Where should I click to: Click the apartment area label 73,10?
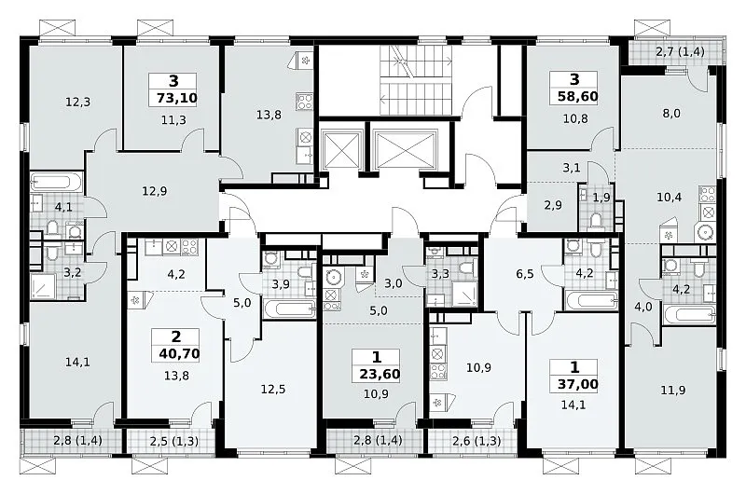pyautogui.click(x=176, y=99)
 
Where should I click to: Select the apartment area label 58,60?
pyautogui.click(x=577, y=97)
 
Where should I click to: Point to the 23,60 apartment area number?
pyautogui.click(x=380, y=374)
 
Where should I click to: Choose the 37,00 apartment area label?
pyautogui.click(x=577, y=384)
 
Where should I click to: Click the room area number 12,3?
pyautogui.click(x=78, y=102)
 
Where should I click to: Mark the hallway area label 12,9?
pyautogui.click(x=155, y=192)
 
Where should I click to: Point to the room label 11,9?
pyautogui.click(x=673, y=391)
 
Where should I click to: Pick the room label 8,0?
pyautogui.click(x=670, y=113)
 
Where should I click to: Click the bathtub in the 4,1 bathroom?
pyautogui.click(x=57, y=182)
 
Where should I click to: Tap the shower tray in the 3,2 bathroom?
pyautogui.click(x=43, y=285)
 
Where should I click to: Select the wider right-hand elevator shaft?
pyautogui.click(x=405, y=149)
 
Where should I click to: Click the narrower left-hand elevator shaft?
pyautogui.click(x=340, y=149)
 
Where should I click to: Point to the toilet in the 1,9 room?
pyautogui.click(x=595, y=222)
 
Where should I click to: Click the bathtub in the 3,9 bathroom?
pyautogui.click(x=289, y=309)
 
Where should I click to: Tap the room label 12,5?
pyautogui.click(x=273, y=390)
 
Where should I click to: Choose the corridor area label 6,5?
pyautogui.click(x=525, y=274)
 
